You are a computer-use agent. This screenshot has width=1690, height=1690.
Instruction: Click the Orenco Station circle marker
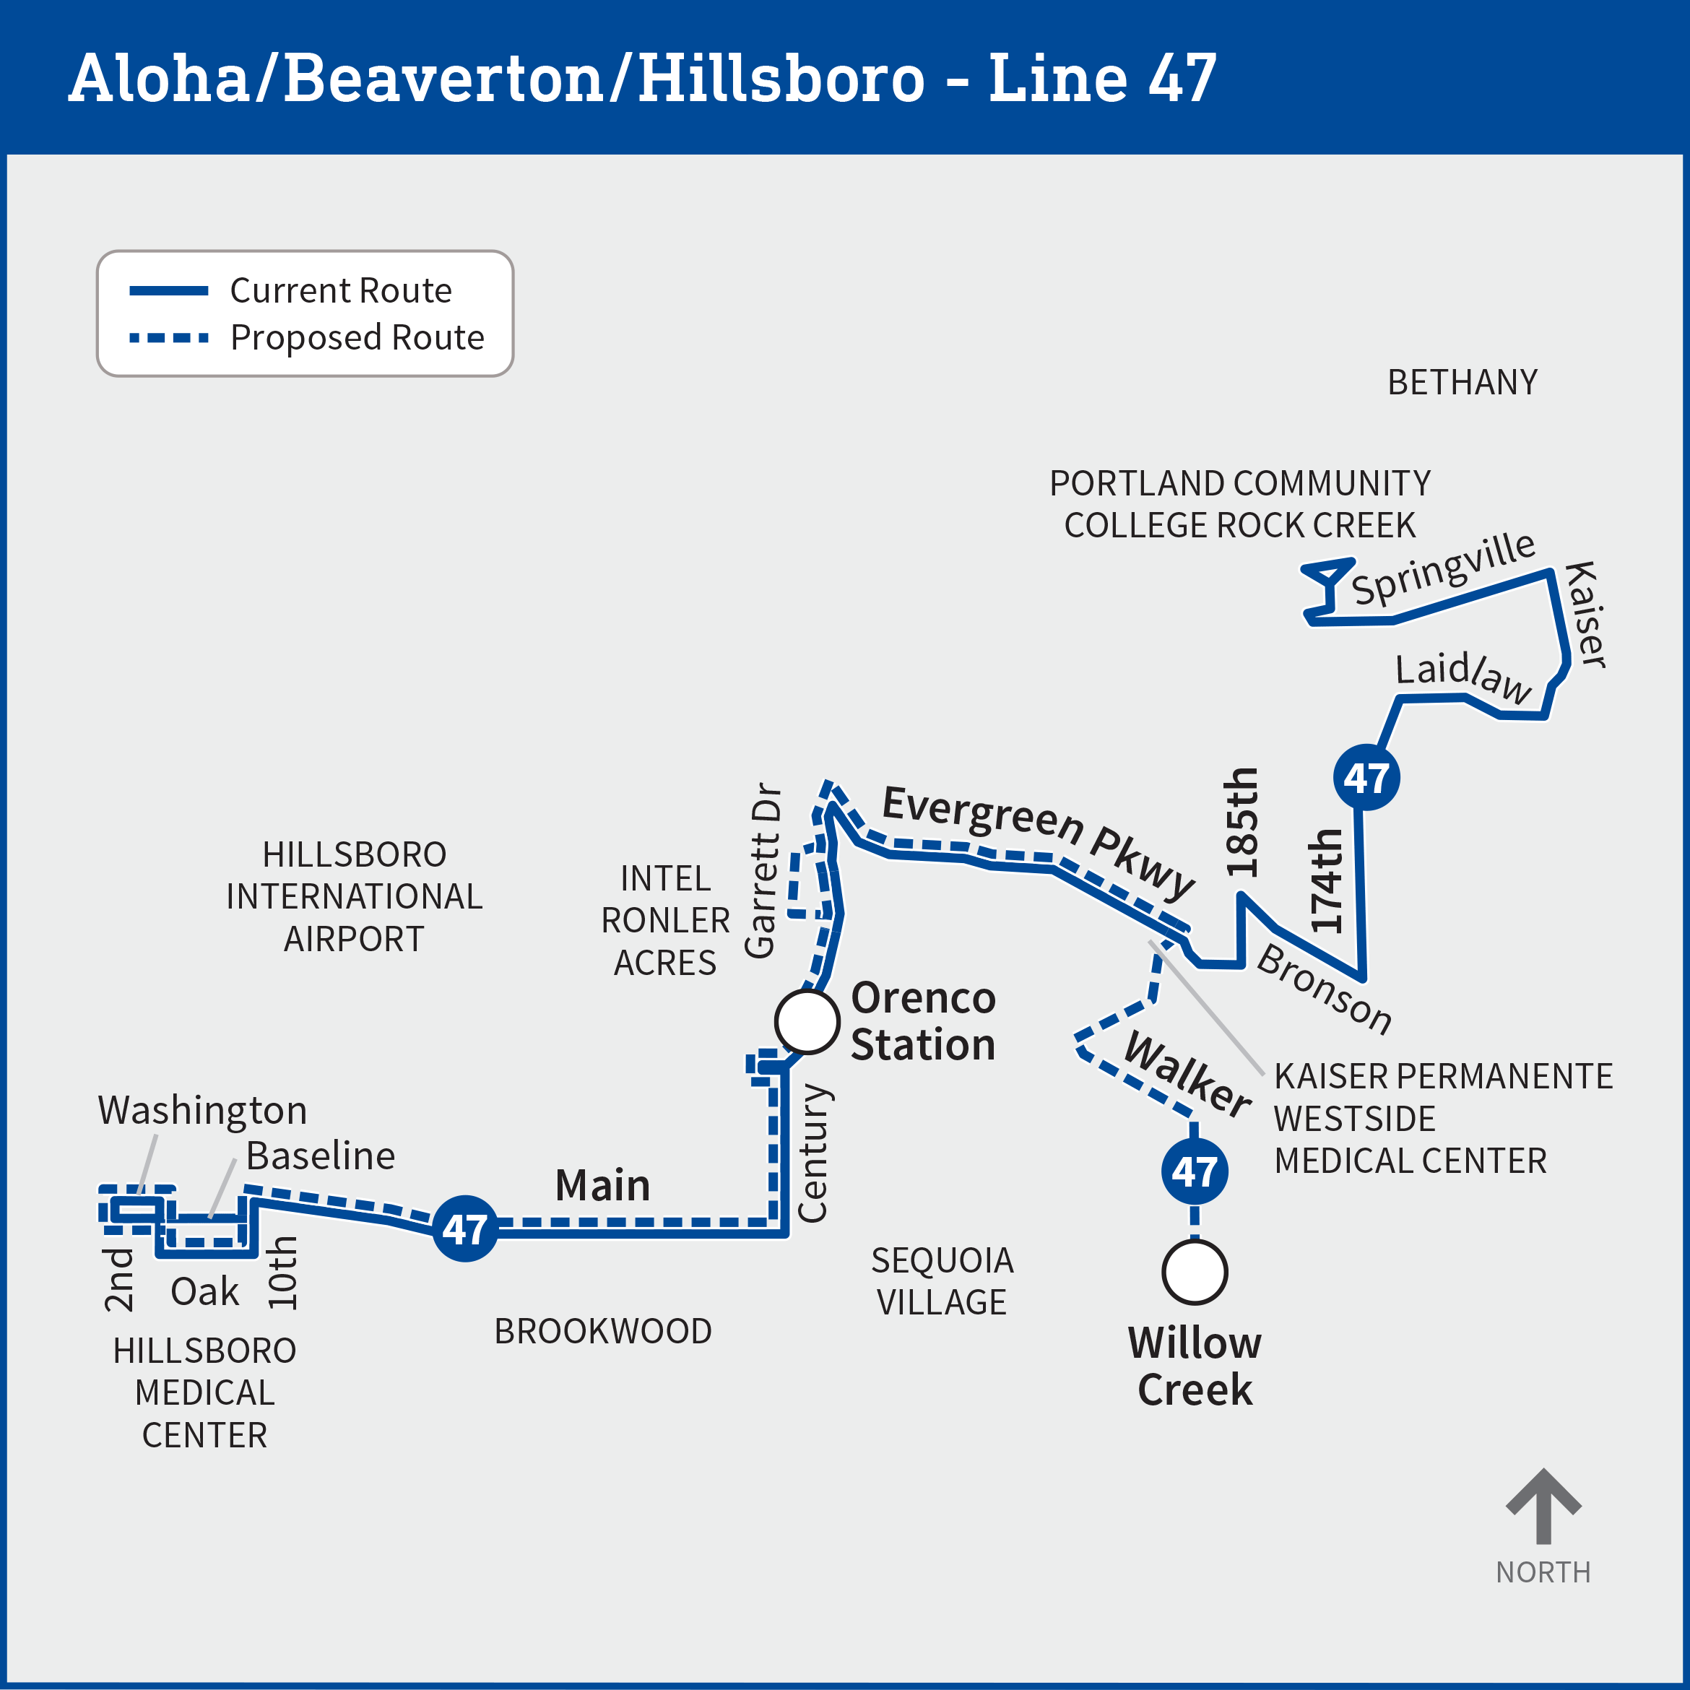point(807,1020)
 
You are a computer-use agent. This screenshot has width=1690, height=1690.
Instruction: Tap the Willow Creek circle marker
point(1194,1272)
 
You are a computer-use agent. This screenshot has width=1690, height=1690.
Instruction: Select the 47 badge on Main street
point(465,1228)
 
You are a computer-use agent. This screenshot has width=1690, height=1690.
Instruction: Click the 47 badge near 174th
point(1366,777)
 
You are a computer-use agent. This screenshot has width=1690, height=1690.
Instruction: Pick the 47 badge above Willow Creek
point(1194,1171)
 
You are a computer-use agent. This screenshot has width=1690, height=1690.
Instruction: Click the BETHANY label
point(1462,382)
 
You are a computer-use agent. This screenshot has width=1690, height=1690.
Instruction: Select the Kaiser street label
point(1585,614)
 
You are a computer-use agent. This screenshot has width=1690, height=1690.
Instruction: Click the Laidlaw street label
point(1462,675)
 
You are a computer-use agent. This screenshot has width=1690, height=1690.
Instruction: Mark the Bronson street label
point(1324,989)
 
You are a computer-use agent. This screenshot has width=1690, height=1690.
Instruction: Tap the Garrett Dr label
point(761,870)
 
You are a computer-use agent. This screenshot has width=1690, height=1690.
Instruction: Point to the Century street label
point(812,1152)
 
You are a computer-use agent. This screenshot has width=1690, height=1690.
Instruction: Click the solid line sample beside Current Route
point(168,290)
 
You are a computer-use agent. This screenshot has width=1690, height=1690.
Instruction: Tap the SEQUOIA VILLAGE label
point(942,1280)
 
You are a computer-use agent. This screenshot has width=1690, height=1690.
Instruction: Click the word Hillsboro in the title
point(781,78)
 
